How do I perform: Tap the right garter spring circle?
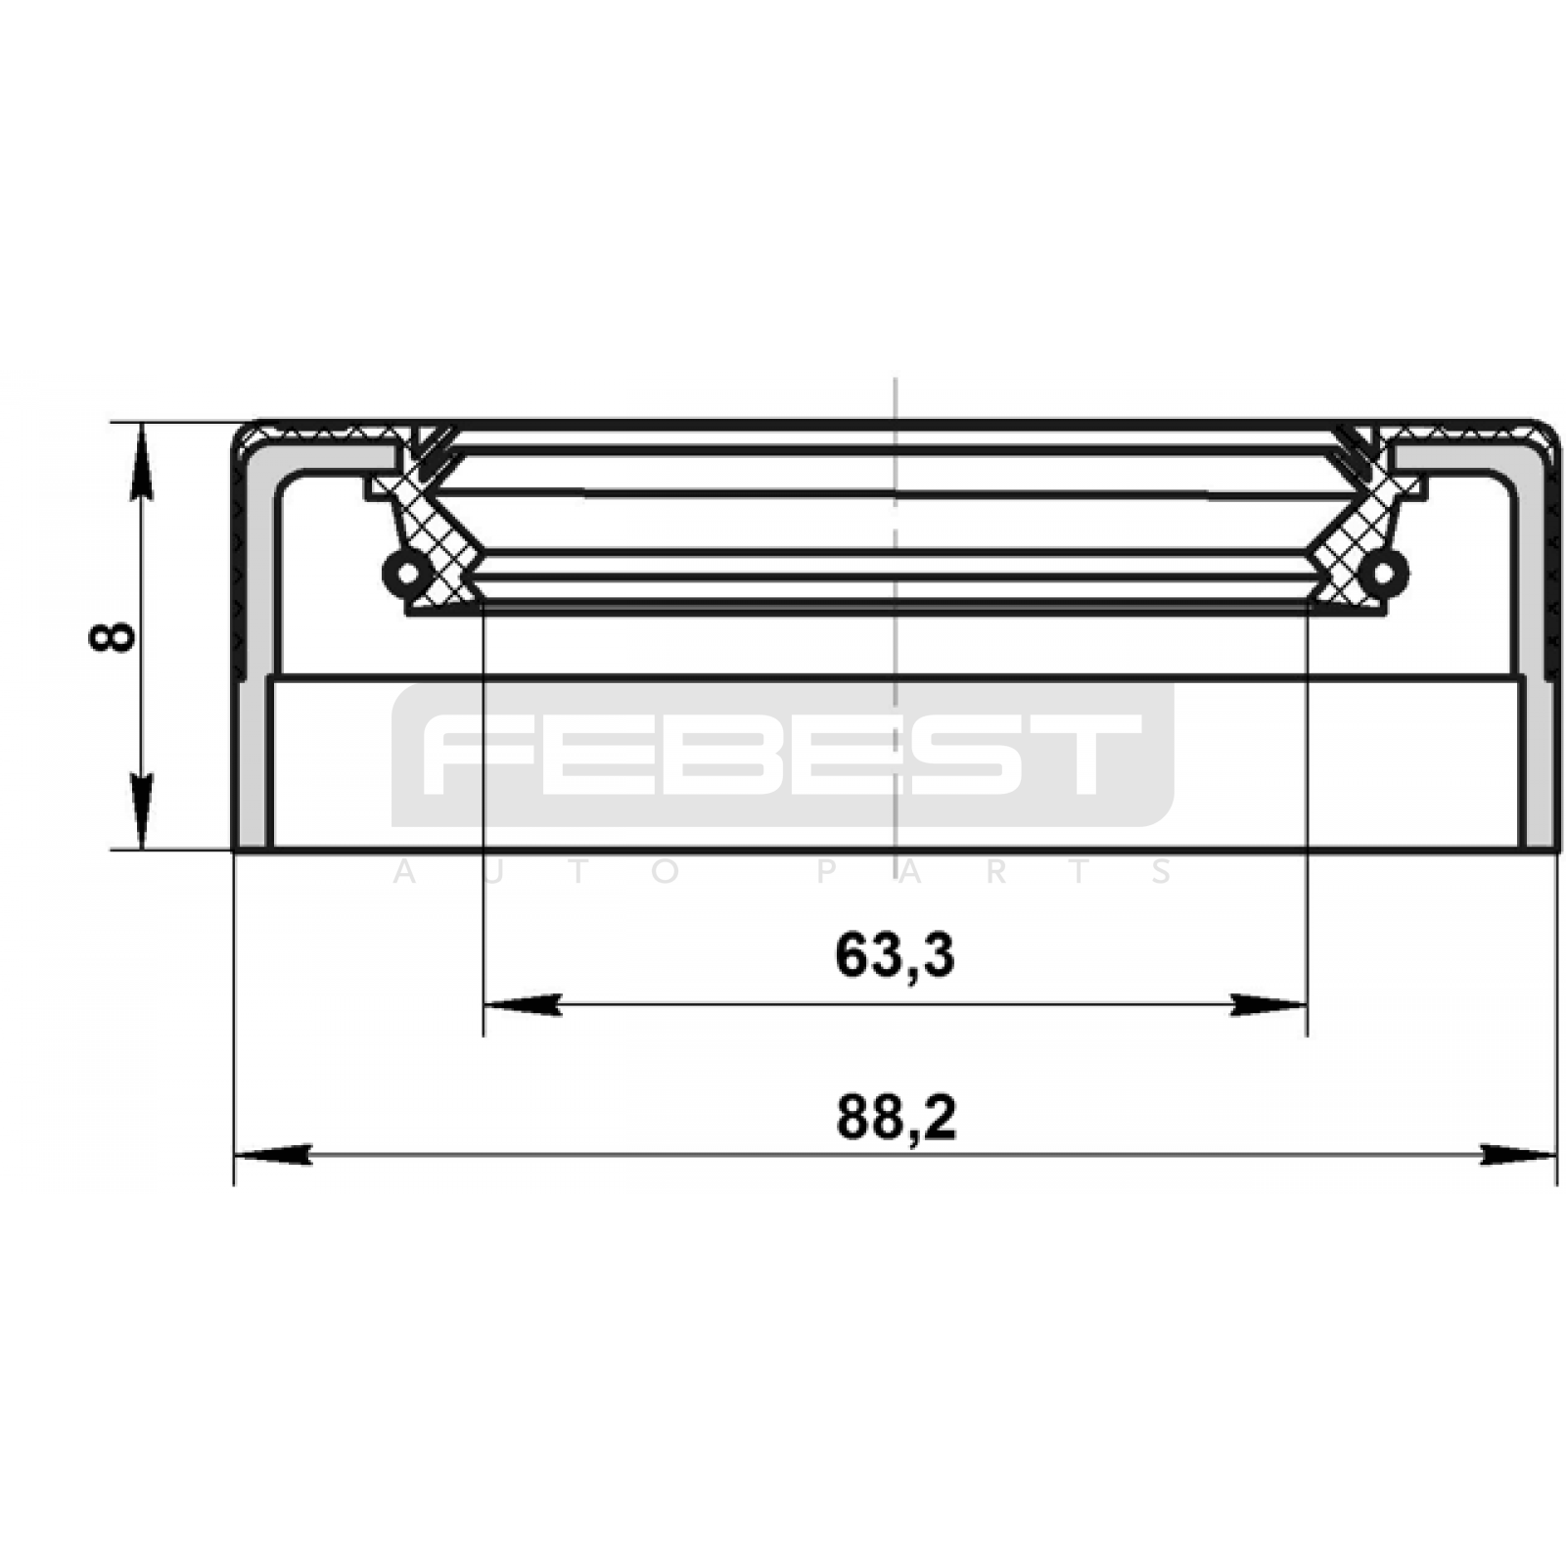coord(1388,572)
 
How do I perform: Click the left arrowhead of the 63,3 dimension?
coord(523,1004)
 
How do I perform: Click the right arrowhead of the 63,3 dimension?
coord(1269,1004)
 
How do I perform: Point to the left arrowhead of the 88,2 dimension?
coord(273,1155)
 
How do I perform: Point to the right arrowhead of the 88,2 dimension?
coord(1518,1155)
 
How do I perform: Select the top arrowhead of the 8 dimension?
coord(143,460)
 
